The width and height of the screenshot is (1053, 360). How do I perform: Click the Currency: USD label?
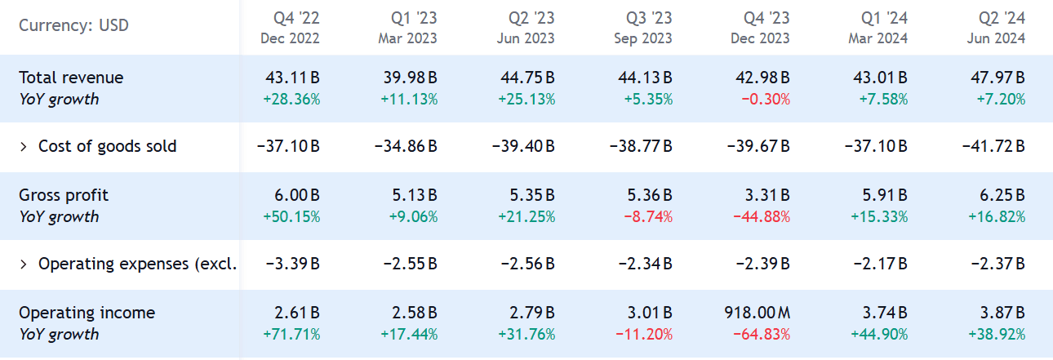tap(73, 25)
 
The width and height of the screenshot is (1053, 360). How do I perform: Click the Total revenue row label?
tap(71, 78)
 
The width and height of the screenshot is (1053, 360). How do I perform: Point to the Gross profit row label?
tap(64, 195)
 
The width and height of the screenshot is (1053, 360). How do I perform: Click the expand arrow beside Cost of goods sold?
tap(24, 147)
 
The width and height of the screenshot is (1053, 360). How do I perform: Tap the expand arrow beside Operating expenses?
tap(24, 264)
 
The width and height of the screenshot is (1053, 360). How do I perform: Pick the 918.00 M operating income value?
tap(757, 313)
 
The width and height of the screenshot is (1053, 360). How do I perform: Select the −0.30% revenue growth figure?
tap(766, 100)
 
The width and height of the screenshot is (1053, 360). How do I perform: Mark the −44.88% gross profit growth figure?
tap(761, 217)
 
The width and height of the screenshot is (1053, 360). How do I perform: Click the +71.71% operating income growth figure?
tap(292, 335)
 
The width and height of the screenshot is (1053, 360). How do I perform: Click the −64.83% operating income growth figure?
tap(761, 335)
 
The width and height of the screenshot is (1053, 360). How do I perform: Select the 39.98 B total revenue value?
tap(410, 78)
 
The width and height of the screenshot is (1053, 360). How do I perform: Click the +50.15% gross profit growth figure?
tap(292, 217)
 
